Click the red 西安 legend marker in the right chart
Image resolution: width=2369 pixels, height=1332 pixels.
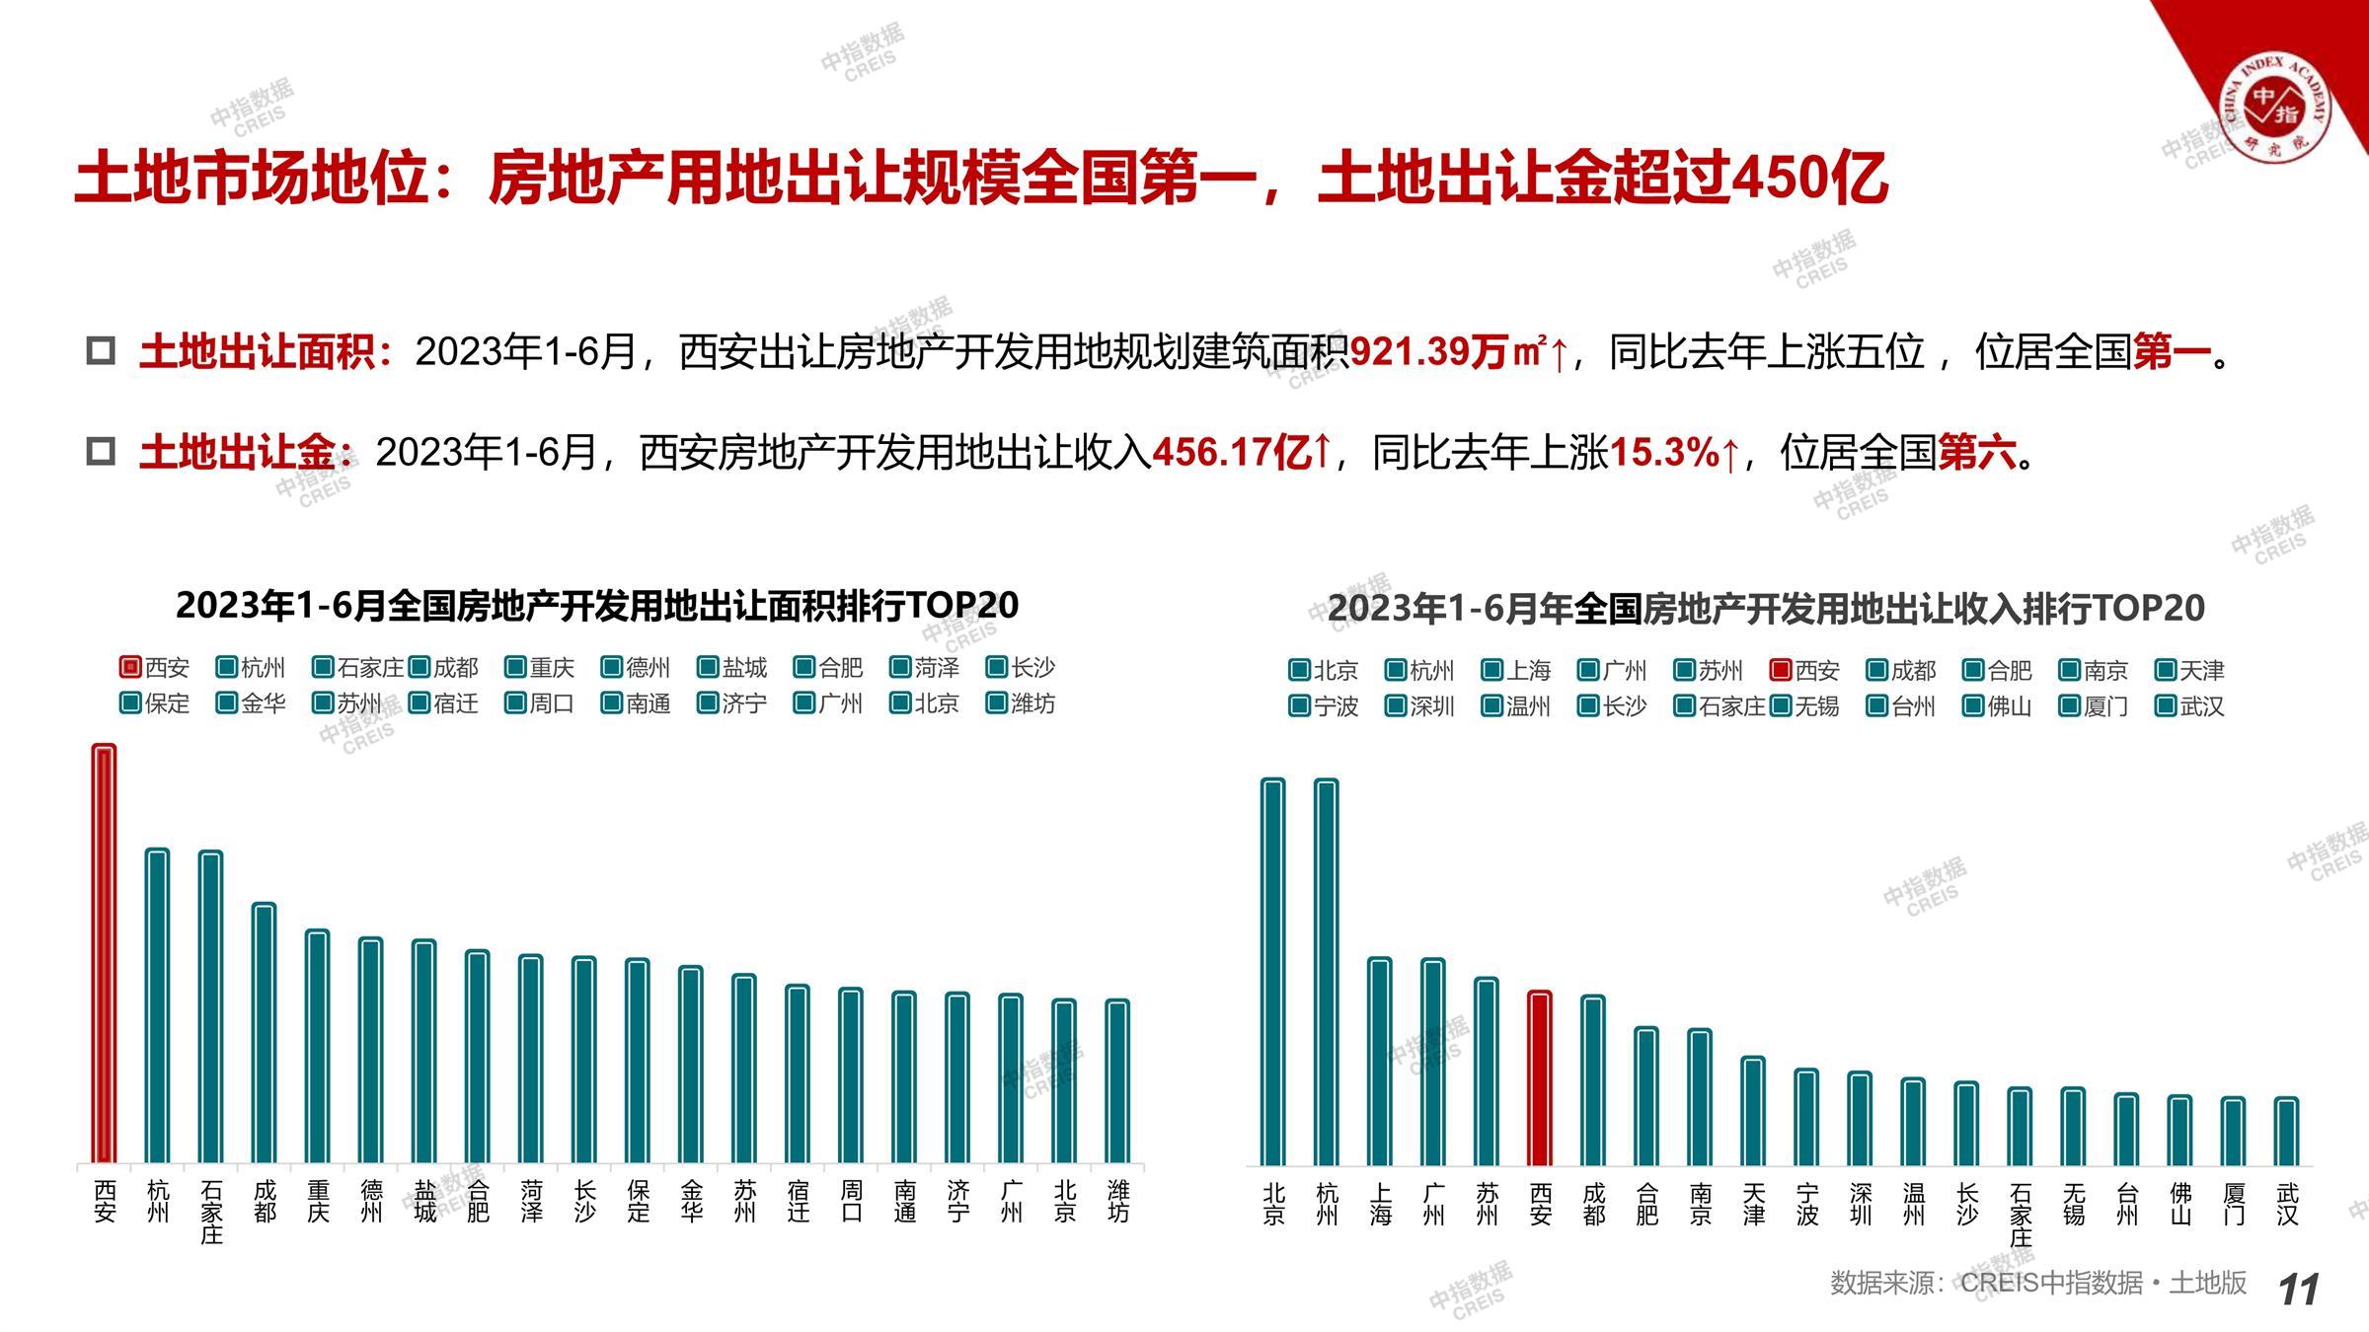pyautogui.click(x=1781, y=671)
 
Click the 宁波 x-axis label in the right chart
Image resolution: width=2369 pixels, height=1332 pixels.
pyautogui.click(x=1806, y=1205)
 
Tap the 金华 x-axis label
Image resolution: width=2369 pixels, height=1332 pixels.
pyautogui.click(x=691, y=1201)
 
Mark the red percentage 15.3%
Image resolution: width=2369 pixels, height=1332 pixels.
pyautogui.click(x=1664, y=452)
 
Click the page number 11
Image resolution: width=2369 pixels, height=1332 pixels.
pyautogui.click(x=2298, y=1290)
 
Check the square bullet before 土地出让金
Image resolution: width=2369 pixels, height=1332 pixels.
pyautogui.click(x=101, y=452)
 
